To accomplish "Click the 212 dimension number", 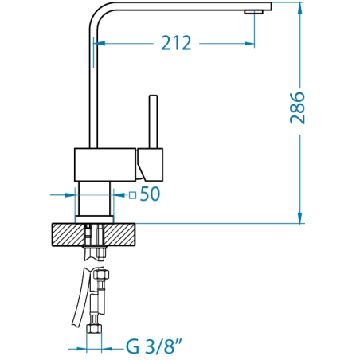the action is click(176, 43).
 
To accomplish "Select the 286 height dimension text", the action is click(297, 108).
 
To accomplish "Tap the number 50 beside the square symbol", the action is click(150, 194).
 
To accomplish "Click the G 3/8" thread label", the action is click(155, 346).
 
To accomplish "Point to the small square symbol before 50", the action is click(132, 195).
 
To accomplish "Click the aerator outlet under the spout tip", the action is click(254, 12).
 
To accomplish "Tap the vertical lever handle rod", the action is click(153, 122).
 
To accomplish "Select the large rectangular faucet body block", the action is click(106, 165).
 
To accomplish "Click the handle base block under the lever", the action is click(151, 165).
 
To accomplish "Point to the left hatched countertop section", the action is click(68, 235).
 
